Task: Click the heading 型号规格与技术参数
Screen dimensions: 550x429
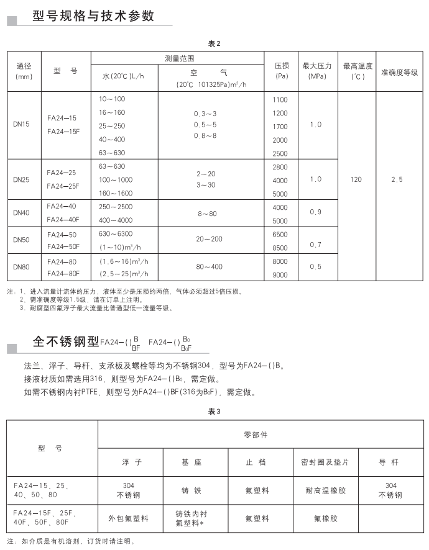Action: [x=93, y=16]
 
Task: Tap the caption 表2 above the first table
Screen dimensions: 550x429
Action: [x=214, y=44]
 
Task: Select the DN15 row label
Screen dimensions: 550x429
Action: [x=21, y=125]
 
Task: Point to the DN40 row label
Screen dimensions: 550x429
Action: [x=21, y=212]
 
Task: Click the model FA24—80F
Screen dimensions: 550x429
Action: [x=62, y=274]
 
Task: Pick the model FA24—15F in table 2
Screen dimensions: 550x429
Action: [x=62, y=132]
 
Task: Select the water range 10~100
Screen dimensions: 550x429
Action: [x=112, y=99]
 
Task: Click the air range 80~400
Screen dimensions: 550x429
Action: [x=210, y=267]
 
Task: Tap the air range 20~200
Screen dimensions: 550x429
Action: [x=209, y=239]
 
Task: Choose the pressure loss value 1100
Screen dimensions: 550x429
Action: [x=280, y=99]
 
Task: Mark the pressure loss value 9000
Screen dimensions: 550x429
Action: [x=280, y=274]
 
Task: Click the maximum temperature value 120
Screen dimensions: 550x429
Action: [x=356, y=179]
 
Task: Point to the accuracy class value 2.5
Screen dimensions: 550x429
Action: [x=397, y=179]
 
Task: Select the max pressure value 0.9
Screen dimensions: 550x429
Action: [x=316, y=212]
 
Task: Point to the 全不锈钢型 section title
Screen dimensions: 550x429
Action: [x=65, y=341]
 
